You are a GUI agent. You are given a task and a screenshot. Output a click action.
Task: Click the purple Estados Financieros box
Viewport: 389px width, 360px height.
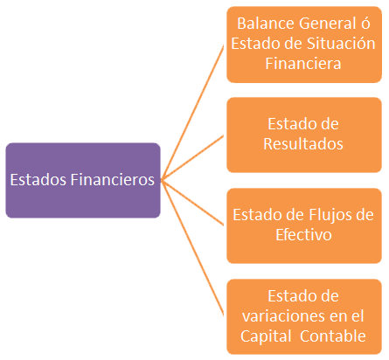coord(83,180)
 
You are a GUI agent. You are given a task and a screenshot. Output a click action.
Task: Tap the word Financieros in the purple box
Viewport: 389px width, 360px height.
coord(113,179)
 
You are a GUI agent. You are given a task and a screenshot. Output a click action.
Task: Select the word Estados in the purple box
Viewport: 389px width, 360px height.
coord(38,179)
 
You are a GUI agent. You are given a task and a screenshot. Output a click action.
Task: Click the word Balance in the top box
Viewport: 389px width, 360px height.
coord(266,24)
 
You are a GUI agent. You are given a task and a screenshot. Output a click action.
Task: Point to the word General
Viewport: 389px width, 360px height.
coord(328,24)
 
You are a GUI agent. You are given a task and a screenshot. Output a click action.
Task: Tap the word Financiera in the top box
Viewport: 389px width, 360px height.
coord(303,64)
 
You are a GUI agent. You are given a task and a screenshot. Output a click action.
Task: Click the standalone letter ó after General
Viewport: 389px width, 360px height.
coord(365,24)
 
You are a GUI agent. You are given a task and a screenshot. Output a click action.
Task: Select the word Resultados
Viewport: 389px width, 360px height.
coord(303,144)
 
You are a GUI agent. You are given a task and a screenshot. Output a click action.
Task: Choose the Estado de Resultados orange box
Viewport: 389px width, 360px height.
coord(304,135)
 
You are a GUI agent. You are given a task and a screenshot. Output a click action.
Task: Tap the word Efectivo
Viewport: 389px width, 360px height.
coord(303,235)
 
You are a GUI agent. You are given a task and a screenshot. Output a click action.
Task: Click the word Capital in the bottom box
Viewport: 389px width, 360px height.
coord(266,336)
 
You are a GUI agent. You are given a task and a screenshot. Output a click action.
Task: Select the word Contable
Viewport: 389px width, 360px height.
coord(333,336)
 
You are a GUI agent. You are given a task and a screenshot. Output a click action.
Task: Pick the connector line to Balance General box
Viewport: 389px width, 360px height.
coord(192,113)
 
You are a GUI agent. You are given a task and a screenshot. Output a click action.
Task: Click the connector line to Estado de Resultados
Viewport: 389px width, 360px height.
coord(192,157)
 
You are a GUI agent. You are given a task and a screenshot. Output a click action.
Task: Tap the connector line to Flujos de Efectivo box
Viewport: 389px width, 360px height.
coord(192,203)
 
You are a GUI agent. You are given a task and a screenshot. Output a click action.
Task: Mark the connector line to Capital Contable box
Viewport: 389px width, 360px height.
coord(192,248)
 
